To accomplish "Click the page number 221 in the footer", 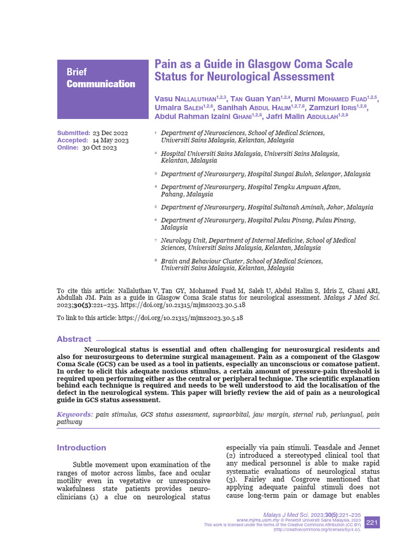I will coord(372,522).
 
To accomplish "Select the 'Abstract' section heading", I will coord(74,339).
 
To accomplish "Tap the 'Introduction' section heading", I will coord(81,448).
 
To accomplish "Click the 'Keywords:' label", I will coord(75,415).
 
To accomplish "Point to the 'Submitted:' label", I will coord(74,133).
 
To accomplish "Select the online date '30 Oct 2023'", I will coord(99,147).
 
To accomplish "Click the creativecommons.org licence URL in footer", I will coord(316,530).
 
